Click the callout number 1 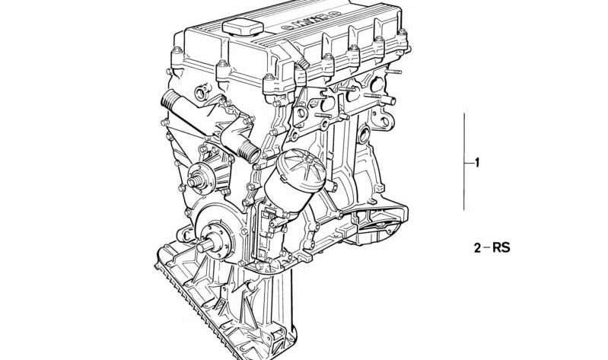click(x=477, y=162)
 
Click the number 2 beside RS click(x=477, y=247)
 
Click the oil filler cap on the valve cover click(x=242, y=29)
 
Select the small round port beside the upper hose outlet click(x=201, y=94)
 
